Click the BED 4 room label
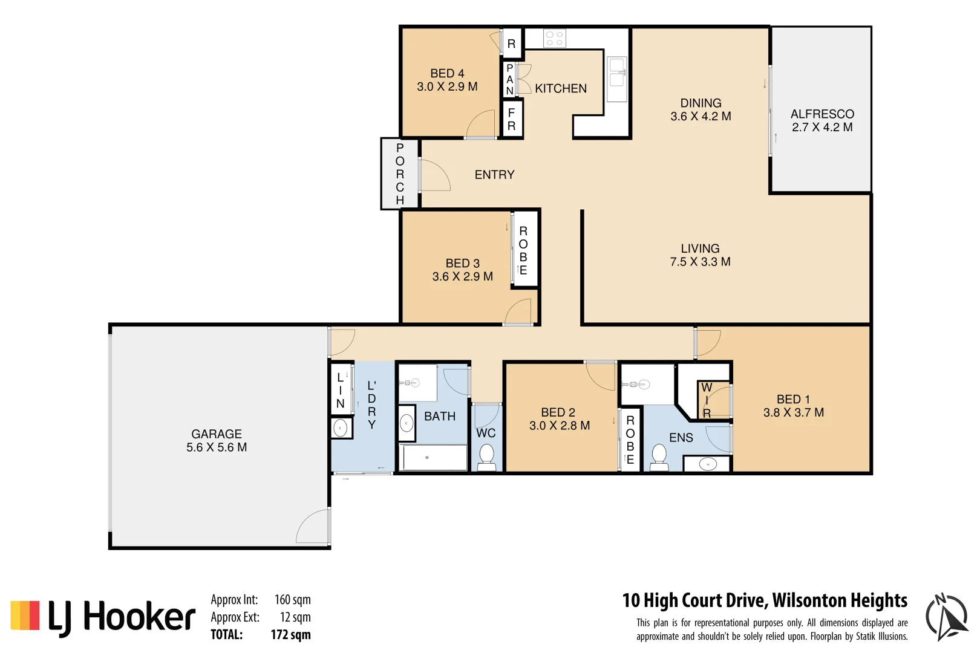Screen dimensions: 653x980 click(x=447, y=74)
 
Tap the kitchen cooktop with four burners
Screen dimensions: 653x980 click(x=554, y=39)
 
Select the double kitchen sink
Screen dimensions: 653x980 click(x=616, y=79)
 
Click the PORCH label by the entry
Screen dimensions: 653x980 click(x=399, y=174)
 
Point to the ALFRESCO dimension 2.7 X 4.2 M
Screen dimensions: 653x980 click(x=822, y=128)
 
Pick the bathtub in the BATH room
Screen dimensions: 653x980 click(x=433, y=457)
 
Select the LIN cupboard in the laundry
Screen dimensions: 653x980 click(x=341, y=389)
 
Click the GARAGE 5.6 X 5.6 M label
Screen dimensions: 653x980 click(x=217, y=441)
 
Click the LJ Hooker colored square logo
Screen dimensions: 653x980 click(x=25, y=616)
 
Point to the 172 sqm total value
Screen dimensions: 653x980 click(x=290, y=635)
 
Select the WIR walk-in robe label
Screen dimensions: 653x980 click(x=707, y=400)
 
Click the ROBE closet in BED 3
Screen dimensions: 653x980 click(x=523, y=250)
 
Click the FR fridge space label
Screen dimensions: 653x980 click(x=511, y=119)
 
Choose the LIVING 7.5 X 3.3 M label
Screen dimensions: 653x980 click(x=700, y=255)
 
